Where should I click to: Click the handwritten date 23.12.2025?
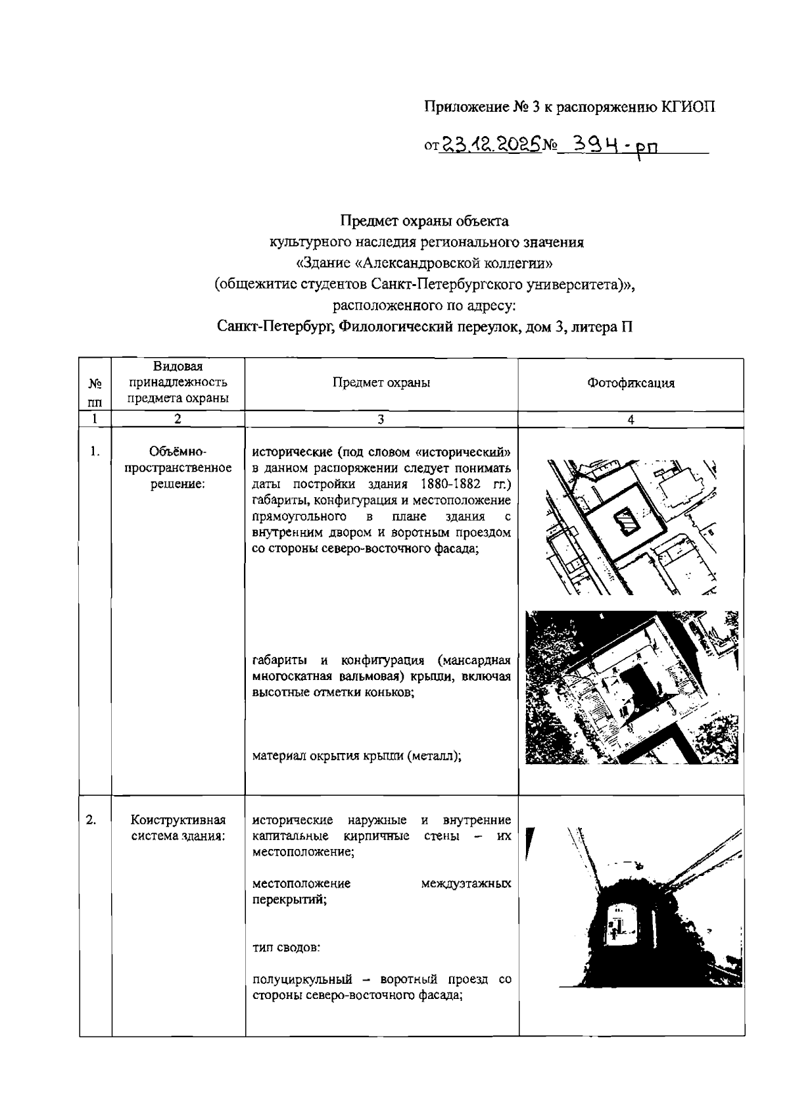pyautogui.click(x=489, y=143)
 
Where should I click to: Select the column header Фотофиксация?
pyautogui.click(x=631, y=383)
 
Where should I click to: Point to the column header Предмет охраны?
pyautogui.click(x=381, y=383)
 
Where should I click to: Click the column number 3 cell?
pyautogui.click(x=381, y=420)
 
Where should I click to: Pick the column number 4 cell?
pyautogui.click(x=631, y=420)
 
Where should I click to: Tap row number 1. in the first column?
pyautogui.click(x=95, y=451)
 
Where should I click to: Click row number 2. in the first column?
pyautogui.click(x=93, y=819)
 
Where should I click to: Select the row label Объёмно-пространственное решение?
pyautogui.click(x=178, y=468)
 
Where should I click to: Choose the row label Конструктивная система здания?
pyautogui.click(x=178, y=828)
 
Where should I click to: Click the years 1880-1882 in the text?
pyautogui.click(x=444, y=485)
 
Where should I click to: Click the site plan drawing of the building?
pyautogui.click(x=631, y=526)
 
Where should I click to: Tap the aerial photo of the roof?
pyautogui.click(x=631, y=687)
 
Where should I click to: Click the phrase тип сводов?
pyautogui.click(x=287, y=948)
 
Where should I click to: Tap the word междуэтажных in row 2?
pyautogui.click(x=466, y=884)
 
